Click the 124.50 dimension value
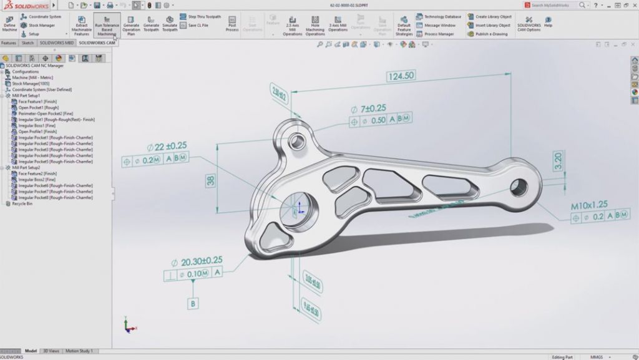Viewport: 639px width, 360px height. coord(401,76)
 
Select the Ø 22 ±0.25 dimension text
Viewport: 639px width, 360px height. coord(167,147)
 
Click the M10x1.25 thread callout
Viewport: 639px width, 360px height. coord(588,204)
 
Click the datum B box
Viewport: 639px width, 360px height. coord(193,304)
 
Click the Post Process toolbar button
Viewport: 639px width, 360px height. coord(232,24)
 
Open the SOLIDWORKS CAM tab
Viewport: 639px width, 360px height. coord(97,43)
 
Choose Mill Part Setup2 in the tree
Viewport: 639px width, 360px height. coord(26,168)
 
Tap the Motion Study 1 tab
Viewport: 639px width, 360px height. coord(79,351)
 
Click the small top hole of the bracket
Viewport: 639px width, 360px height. coord(298,139)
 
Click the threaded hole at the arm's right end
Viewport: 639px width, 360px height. coord(519,185)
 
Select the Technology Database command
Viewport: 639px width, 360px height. coord(442,17)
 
